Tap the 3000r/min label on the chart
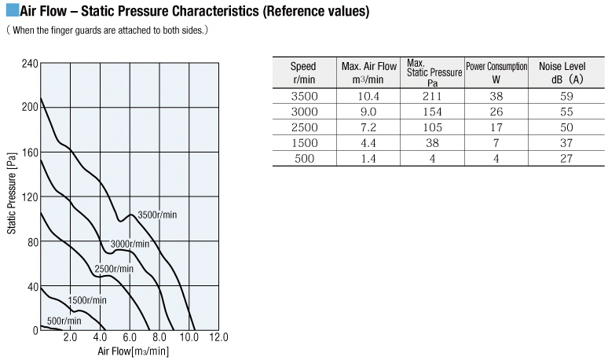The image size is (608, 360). (x=130, y=244)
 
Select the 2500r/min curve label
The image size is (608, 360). (x=114, y=269)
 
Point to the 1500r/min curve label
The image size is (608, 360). (x=87, y=300)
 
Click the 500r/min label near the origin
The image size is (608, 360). (x=64, y=321)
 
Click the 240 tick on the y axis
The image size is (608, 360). (x=29, y=63)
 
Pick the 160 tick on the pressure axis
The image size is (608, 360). (x=29, y=152)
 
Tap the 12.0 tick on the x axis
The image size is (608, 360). (x=218, y=338)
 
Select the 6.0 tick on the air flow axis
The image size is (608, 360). (x=130, y=338)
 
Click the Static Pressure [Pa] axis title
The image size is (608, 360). (x=12, y=197)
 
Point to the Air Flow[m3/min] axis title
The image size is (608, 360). (x=134, y=351)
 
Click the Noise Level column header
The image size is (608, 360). (x=561, y=72)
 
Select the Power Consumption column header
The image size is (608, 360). (x=496, y=72)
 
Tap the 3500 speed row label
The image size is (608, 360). (x=304, y=96)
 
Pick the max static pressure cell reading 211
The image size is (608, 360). (x=432, y=96)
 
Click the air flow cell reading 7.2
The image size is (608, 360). (x=368, y=127)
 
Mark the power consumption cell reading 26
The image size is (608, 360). (x=496, y=112)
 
